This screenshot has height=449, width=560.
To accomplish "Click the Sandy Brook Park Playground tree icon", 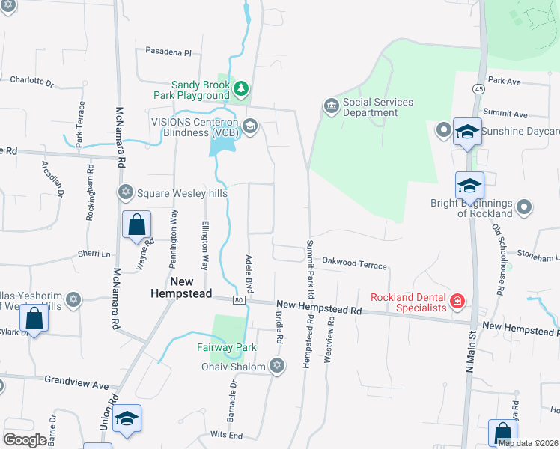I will coord(240,90).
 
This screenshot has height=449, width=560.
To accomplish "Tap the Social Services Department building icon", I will coord(331,107).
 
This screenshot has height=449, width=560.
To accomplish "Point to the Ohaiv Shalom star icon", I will coord(277,366).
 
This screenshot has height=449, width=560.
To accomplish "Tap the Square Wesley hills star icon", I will coord(125,192).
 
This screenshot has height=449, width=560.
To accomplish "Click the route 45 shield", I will coord(478,88).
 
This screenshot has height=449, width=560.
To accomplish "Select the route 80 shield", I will coord(238,300).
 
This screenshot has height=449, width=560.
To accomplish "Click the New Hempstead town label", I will coord(180,287).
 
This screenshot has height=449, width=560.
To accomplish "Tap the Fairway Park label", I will coord(227,347).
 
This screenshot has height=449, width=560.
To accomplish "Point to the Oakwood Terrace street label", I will coord(354,264).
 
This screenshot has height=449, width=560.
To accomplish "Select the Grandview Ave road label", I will coord(76,382).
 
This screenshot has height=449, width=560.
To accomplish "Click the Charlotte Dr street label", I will coord(32,80).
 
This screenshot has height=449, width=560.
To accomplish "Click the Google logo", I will coord(25,440).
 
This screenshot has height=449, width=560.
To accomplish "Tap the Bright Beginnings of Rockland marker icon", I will coord(525,207).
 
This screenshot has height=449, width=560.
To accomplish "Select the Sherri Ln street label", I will coord(94,254).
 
